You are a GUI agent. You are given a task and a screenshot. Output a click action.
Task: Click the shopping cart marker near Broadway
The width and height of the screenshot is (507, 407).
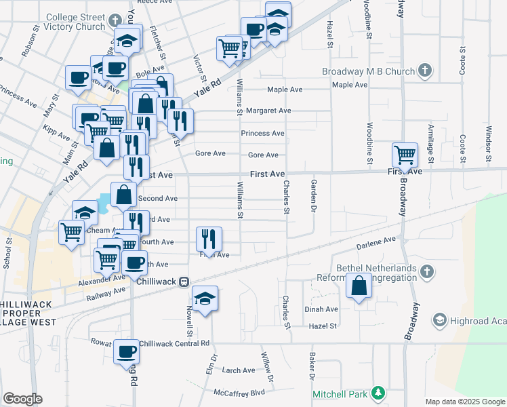click(405, 154)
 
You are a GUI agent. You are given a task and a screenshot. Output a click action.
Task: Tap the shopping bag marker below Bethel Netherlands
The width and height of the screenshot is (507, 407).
click(359, 286)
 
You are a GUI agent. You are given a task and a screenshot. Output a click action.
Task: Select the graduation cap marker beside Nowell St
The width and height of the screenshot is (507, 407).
click(205, 299)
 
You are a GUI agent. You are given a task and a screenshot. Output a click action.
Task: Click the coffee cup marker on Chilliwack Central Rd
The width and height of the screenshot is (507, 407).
click(126, 351)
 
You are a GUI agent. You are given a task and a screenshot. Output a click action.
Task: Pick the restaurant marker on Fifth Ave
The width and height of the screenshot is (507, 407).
click(208, 238)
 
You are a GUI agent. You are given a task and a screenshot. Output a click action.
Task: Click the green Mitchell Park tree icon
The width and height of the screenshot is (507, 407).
click(378, 393)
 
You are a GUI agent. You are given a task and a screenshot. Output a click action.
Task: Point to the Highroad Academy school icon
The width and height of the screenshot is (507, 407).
click(439, 319)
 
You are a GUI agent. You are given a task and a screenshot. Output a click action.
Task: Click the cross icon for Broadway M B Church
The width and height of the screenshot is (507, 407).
click(424, 70)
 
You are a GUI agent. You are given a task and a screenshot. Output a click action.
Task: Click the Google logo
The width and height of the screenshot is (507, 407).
click(22, 399)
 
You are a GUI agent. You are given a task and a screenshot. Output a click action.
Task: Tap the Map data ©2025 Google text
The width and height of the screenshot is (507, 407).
click(464, 402)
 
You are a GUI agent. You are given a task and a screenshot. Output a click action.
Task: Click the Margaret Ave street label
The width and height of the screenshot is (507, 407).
click(268, 111)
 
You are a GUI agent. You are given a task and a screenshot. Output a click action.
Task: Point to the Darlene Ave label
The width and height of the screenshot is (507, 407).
click(380, 241)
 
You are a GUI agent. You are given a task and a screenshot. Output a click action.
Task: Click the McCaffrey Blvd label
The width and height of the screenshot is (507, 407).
click(239, 392)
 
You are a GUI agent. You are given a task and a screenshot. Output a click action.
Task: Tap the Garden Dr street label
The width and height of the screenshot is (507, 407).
click(314, 193)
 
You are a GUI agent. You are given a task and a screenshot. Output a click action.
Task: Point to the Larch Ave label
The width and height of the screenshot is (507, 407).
click(239, 370)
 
